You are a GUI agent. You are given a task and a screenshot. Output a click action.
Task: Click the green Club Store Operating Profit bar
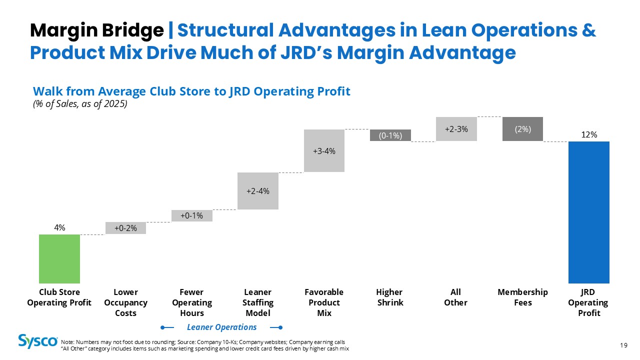[x=59, y=259]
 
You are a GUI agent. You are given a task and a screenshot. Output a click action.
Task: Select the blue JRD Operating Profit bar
[x=589, y=212]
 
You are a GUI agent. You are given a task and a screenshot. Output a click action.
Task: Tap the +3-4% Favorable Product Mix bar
[x=324, y=150]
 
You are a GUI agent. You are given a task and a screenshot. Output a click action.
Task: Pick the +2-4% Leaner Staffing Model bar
[x=257, y=191]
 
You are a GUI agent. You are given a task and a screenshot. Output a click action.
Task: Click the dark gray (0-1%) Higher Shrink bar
[x=390, y=135]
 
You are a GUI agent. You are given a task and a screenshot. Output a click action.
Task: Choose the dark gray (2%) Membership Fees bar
[x=522, y=129]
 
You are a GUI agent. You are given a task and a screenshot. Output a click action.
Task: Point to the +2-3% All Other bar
[x=456, y=129]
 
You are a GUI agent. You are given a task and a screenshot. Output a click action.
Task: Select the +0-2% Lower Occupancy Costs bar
[x=125, y=228]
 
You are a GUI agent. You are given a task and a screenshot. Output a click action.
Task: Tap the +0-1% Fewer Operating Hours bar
[x=191, y=215]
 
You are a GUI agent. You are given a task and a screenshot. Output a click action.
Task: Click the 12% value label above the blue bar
[x=589, y=134]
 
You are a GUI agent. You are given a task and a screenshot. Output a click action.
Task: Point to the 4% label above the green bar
[x=59, y=227]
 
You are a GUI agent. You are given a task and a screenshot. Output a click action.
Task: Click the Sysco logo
[x=38, y=341]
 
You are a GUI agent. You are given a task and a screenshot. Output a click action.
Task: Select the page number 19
[x=623, y=345]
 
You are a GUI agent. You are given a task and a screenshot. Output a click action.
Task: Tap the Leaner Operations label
[x=221, y=327]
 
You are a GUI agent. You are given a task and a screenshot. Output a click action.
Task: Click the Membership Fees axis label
[x=522, y=297]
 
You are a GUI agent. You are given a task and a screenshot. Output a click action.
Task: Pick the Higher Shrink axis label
[x=390, y=297]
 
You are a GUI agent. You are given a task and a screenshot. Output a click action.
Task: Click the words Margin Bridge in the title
[x=97, y=31]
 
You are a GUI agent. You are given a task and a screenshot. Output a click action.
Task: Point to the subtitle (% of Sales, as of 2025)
[x=80, y=103]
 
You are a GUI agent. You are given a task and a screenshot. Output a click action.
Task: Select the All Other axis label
[x=455, y=297]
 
